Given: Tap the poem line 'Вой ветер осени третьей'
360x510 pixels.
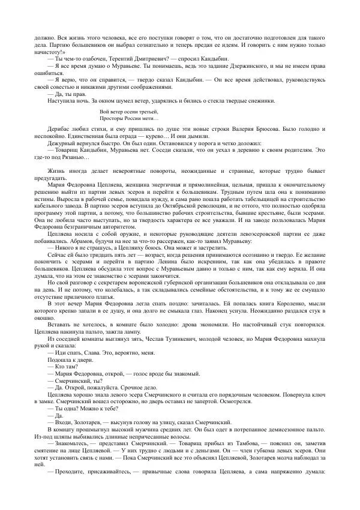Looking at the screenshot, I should tap(128, 112).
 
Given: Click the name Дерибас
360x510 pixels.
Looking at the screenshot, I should tap(59, 130).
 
